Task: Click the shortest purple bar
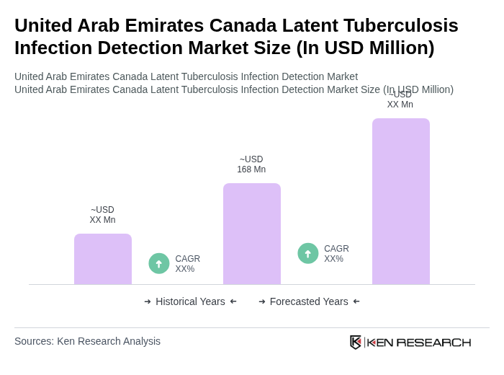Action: pyautogui.click(x=102, y=259)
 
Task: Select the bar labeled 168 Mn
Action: pyautogui.click(x=251, y=234)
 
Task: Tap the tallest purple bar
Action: pyautogui.click(x=400, y=201)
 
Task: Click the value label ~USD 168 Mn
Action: pyautogui.click(x=251, y=164)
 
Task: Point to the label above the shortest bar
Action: pyautogui.click(x=102, y=215)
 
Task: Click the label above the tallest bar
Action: pyautogui.click(x=400, y=100)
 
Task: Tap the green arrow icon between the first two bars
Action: pyautogui.click(x=159, y=263)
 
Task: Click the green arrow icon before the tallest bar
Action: pyautogui.click(x=308, y=253)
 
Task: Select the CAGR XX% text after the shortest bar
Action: pyautogui.click(x=187, y=264)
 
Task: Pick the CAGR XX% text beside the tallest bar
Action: pyautogui.click(x=336, y=254)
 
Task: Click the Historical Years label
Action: pyautogui.click(x=190, y=301)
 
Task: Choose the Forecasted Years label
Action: pyautogui.click(x=309, y=301)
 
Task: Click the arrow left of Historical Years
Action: pyautogui.click(x=148, y=301)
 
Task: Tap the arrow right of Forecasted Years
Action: pyautogui.click(x=356, y=301)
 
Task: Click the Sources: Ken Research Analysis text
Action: pyautogui.click(x=87, y=341)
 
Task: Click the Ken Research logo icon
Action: pyautogui.click(x=356, y=342)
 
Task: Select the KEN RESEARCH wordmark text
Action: pyautogui.click(x=419, y=343)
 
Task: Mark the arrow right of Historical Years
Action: pyautogui.click(x=233, y=301)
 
